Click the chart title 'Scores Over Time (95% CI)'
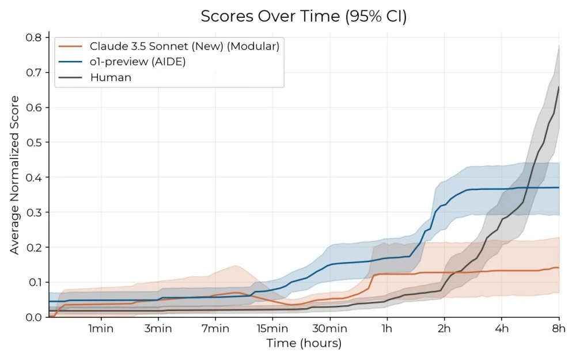click(304, 17)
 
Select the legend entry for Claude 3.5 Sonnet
click(184, 47)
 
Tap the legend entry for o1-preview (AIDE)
click(138, 62)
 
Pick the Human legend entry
click(111, 77)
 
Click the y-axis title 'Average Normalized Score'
click(14, 175)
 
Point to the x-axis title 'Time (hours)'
click(304, 344)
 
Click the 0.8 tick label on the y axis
click(33, 37)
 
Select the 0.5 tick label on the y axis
click(33, 142)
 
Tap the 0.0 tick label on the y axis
click(33, 317)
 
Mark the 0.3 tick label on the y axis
click(33, 213)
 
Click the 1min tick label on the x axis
click(101, 329)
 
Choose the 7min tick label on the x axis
click(215, 329)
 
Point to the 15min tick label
click(272, 329)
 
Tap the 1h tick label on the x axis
click(387, 329)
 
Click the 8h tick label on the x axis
click(559, 329)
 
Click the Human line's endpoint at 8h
click(559, 87)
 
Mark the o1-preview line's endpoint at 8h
click(559, 187)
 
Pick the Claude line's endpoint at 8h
click(559, 267)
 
